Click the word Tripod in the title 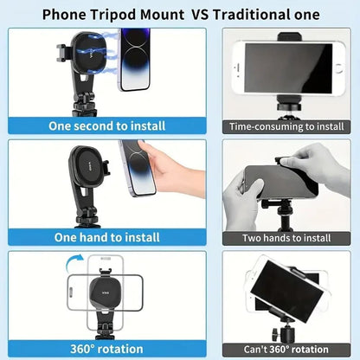(113, 15)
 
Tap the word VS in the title (200, 14)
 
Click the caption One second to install (107, 126)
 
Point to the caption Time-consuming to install (286, 126)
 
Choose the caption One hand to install (107, 237)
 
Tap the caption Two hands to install (286, 238)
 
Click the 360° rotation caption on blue (106, 349)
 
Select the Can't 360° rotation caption (286, 350)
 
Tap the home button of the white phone (339, 68)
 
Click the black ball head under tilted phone (283, 333)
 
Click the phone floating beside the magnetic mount (134, 60)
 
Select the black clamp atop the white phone (290, 37)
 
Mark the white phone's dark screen (288, 68)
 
